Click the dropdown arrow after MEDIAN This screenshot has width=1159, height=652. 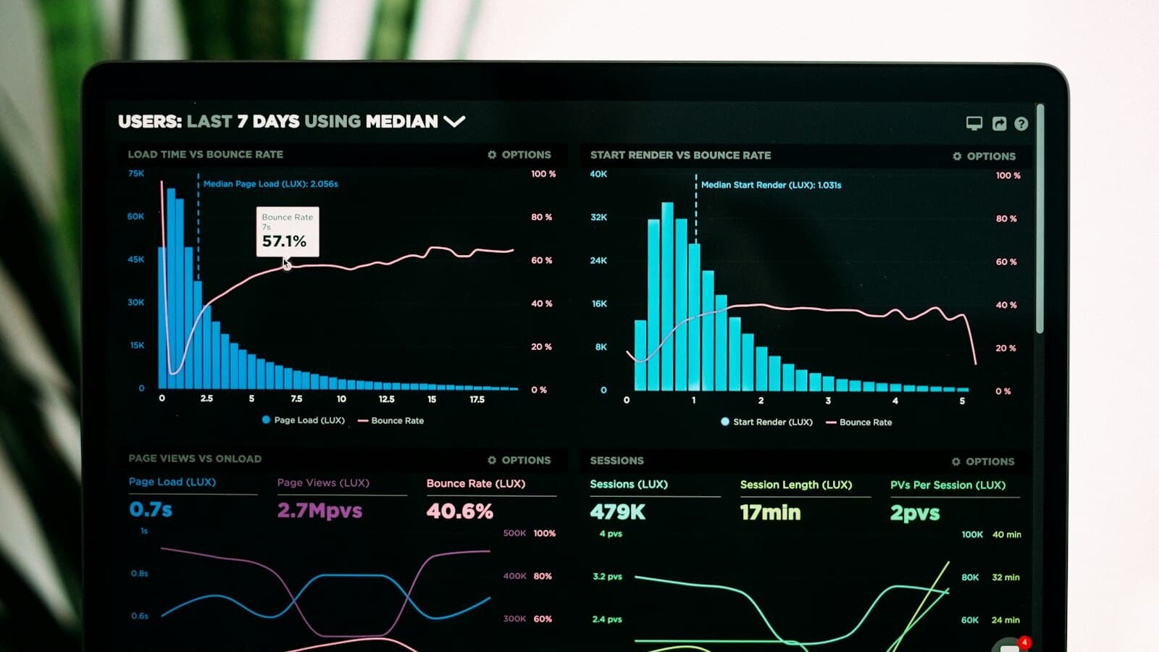point(454,121)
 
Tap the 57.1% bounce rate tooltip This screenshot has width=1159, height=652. point(287,232)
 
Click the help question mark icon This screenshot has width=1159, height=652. point(1021,124)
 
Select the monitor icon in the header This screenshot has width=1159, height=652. point(974,123)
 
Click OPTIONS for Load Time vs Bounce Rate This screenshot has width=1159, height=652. point(519,154)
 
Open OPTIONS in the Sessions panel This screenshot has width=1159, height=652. point(983,461)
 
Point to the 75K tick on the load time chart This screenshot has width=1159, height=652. point(136,174)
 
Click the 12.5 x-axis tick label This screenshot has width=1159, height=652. point(386,399)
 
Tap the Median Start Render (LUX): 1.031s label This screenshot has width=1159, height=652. point(771,185)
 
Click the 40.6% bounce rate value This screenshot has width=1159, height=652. point(459,511)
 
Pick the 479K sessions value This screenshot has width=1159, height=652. point(617,512)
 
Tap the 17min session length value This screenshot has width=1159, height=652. point(770,513)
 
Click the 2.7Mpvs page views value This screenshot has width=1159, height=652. point(319,511)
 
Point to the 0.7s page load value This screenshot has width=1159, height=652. point(151,509)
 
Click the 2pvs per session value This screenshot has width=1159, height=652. point(915,514)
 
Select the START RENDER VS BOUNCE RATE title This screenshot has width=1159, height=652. point(680,155)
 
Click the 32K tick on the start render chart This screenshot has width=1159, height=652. point(598,217)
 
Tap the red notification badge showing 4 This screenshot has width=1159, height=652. point(1024,643)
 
